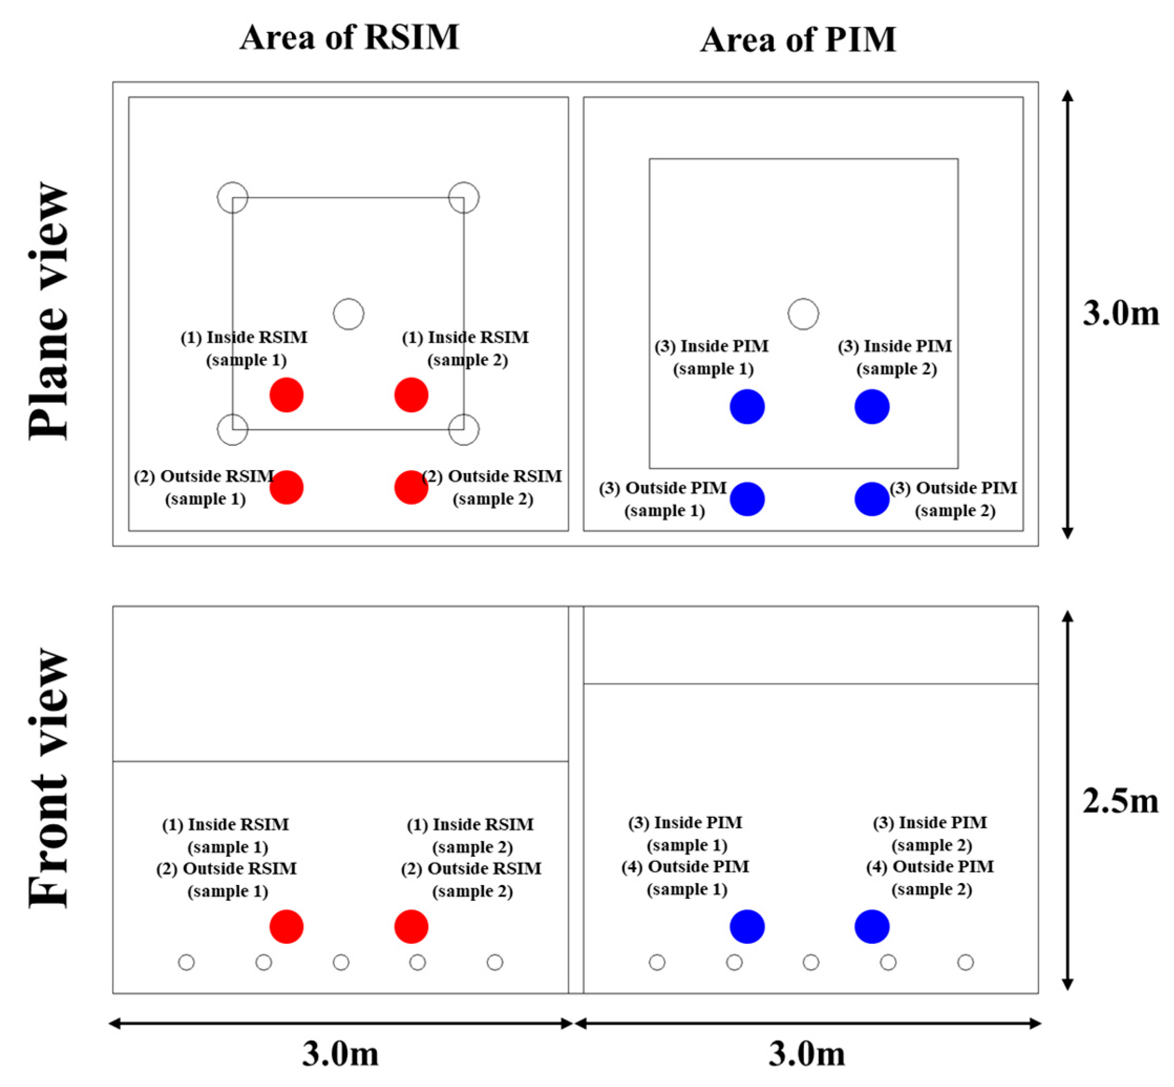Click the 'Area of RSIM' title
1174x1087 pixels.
click(x=349, y=38)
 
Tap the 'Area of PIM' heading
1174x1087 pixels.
click(x=798, y=40)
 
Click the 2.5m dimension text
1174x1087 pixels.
click(x=1120, y=801)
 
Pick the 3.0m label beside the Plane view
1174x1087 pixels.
click(x=1120, y=314)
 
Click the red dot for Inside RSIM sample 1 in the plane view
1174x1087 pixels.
click(x=286, y=395)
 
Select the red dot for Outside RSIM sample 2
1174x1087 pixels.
click(x=411, y=487)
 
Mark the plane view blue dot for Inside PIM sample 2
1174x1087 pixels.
click(x=872, y=407)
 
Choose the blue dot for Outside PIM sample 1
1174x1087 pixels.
click(x=747, y=499)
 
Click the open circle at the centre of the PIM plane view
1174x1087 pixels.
click(x=803, y=314)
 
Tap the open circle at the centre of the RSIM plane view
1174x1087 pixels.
click(x=348, y=314)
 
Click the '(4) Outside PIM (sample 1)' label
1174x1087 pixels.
click(x=686, y=878)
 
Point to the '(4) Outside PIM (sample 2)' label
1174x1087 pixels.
click(x=931, y=878)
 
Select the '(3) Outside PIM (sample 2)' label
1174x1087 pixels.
click(x=954, y=499)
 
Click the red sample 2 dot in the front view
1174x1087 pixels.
click(x=411, y=927)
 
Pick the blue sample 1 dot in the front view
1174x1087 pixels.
click(x=747, y=927)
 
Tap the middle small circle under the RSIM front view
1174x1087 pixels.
click(x=340, y=962)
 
